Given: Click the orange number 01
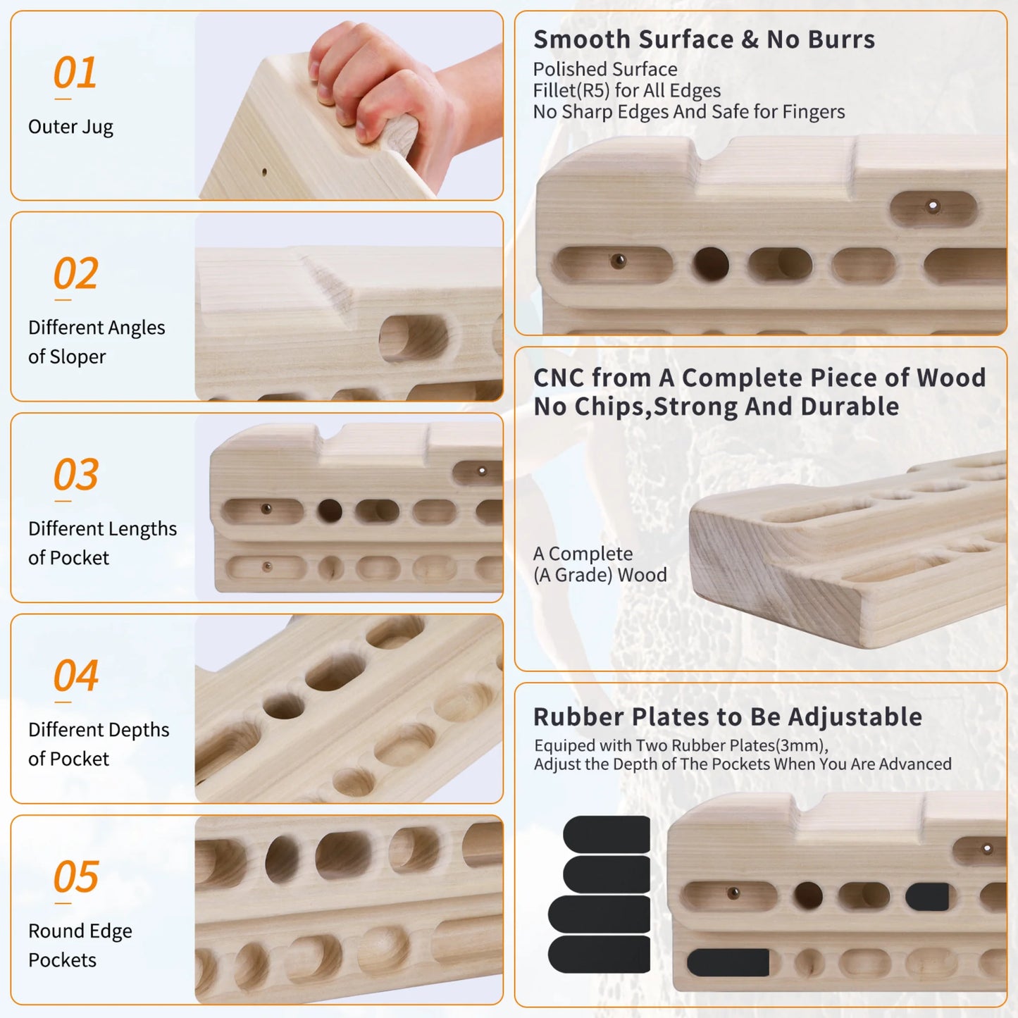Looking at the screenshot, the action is pyautogui.click(x=75, y=73).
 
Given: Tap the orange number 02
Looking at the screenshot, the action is pyautogui.click(x=75, y=273).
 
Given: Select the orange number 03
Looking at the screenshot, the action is pyautogui.click(x=75, y=474).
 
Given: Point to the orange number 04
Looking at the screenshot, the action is pyautogui.click(x=75, y=675).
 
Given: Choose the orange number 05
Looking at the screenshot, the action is pyautogui.click(x=75, y=876).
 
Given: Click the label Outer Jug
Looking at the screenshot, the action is pyautogui.click(x=70, y=127).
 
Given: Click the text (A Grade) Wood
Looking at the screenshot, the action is pyautogui.click(x=600, y=575).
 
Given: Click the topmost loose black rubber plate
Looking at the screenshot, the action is pyautogui.click(x=607, y=834).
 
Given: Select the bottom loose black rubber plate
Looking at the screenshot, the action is pyautogui.click(x=599, y=955).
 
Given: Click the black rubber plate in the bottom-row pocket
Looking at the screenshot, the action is pyautogui.click(x=728, y=962).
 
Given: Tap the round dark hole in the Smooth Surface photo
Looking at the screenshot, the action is pyautogui.click(x=711, y=263).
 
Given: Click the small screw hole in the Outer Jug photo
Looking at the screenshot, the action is pyautogui.click(x=264, y=172).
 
